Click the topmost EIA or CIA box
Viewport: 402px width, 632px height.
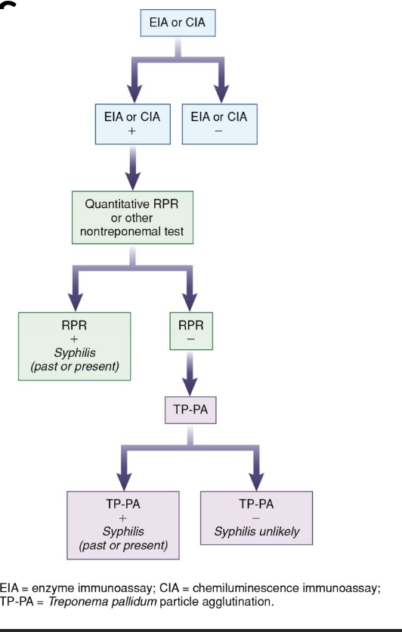(x=178, y=23)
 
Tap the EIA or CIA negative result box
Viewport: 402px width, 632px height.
(x=219, y=124)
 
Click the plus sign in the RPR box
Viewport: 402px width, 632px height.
(x=75, y=340)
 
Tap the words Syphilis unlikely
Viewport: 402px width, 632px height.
(x=256, y=531)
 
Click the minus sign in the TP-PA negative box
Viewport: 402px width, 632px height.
(x=256, y=518)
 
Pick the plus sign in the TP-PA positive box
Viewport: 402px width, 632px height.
(x=122, y=518)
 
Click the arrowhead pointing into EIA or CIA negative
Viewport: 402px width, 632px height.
(x=220, y=94)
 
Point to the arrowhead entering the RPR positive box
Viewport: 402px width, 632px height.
(x=76, y=299)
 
